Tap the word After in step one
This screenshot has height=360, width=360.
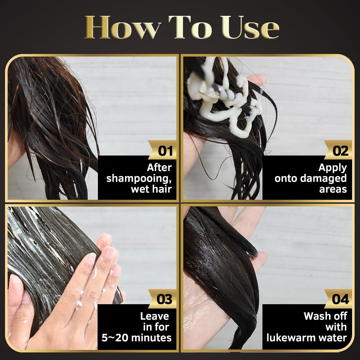point(159,168)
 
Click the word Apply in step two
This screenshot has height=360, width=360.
point(333,168)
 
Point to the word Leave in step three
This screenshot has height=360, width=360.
point(155,316)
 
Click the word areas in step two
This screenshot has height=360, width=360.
point(333,190)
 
